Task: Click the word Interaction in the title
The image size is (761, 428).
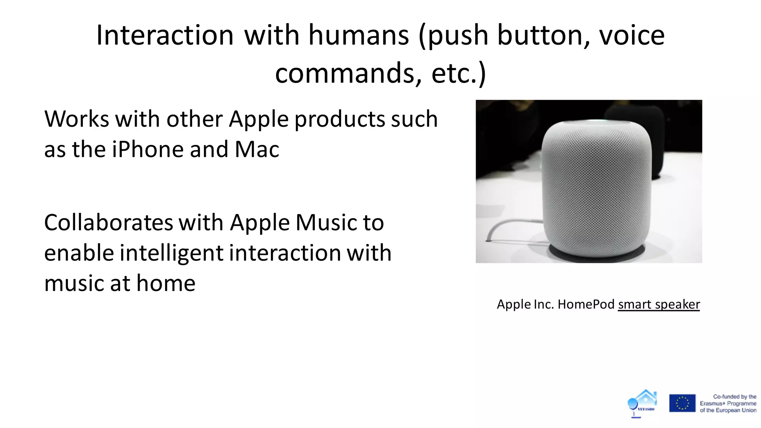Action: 165,35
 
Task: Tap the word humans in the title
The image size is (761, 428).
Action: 359,35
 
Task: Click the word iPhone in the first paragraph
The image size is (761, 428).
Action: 148,149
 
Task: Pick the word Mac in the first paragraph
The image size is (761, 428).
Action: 257,149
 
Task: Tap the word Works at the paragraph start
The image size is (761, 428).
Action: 77,119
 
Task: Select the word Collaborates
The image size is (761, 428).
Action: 109,223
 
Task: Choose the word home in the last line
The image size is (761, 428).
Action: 166,283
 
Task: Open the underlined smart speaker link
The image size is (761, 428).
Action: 659,304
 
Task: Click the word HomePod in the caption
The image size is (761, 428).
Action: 586,304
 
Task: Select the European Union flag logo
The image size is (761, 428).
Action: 682,403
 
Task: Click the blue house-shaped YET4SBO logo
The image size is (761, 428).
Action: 643,403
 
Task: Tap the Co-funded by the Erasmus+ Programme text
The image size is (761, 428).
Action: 728,403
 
